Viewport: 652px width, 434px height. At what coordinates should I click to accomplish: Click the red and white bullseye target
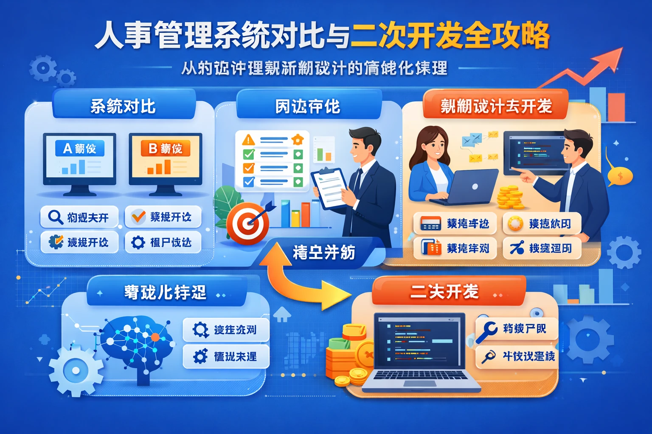[x=247, y=223]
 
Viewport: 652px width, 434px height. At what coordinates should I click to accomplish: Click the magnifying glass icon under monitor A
[x=55, y=217]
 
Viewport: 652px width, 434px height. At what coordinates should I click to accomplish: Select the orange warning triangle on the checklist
[x=248, y=139]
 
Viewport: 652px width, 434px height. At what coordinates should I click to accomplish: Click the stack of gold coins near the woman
[x=509, y=197]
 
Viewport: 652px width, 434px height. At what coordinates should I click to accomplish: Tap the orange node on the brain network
[x=155, y=337]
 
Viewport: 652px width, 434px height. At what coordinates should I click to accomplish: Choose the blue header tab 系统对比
[x=123, y=106]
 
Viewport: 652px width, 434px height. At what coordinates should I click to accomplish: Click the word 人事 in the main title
[x=123, y=36]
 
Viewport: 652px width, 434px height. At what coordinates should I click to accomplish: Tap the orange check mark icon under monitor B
[x=138, y=217]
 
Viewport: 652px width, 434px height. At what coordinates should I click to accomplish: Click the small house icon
[x=282, y=314]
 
